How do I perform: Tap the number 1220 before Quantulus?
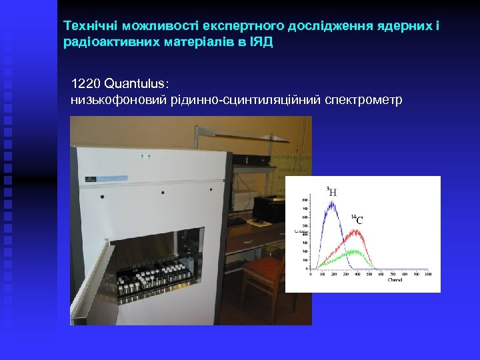coord(86,85)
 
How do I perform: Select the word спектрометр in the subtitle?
coord(363,100)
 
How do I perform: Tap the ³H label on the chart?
coord(331,192)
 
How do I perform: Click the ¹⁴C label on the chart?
coord(358,219)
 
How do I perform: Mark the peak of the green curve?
coord(355,252)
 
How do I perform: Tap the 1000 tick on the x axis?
coord(427,274)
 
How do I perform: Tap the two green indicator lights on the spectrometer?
coord(145,156)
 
